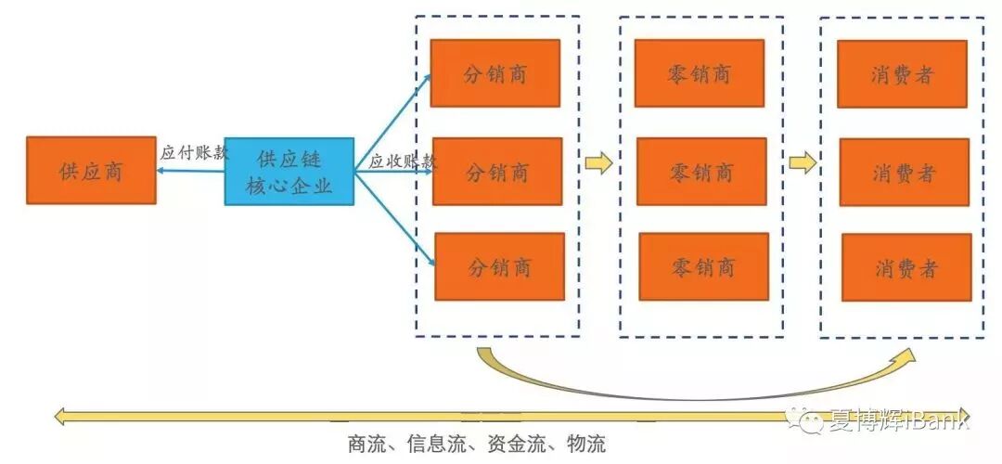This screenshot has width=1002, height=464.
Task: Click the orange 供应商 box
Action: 91,170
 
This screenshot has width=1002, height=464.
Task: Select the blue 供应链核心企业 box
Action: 289,172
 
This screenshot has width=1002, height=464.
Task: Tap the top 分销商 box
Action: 495,73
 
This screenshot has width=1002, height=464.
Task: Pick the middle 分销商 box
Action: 497,172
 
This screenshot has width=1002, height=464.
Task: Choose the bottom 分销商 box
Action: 499,267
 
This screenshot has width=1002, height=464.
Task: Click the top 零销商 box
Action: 699,73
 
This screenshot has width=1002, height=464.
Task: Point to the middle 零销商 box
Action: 701,172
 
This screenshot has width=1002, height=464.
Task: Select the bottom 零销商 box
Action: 703,267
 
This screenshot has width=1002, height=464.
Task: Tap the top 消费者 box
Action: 902,74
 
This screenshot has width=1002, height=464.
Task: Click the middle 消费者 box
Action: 904,173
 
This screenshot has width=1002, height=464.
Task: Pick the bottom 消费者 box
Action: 906,268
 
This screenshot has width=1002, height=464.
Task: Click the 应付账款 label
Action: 193,153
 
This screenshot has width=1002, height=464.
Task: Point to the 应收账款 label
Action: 402,161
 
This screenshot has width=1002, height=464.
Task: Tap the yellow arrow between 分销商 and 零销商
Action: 598,163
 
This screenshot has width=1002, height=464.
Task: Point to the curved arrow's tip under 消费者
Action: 908,355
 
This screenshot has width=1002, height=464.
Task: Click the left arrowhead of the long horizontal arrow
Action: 61,417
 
